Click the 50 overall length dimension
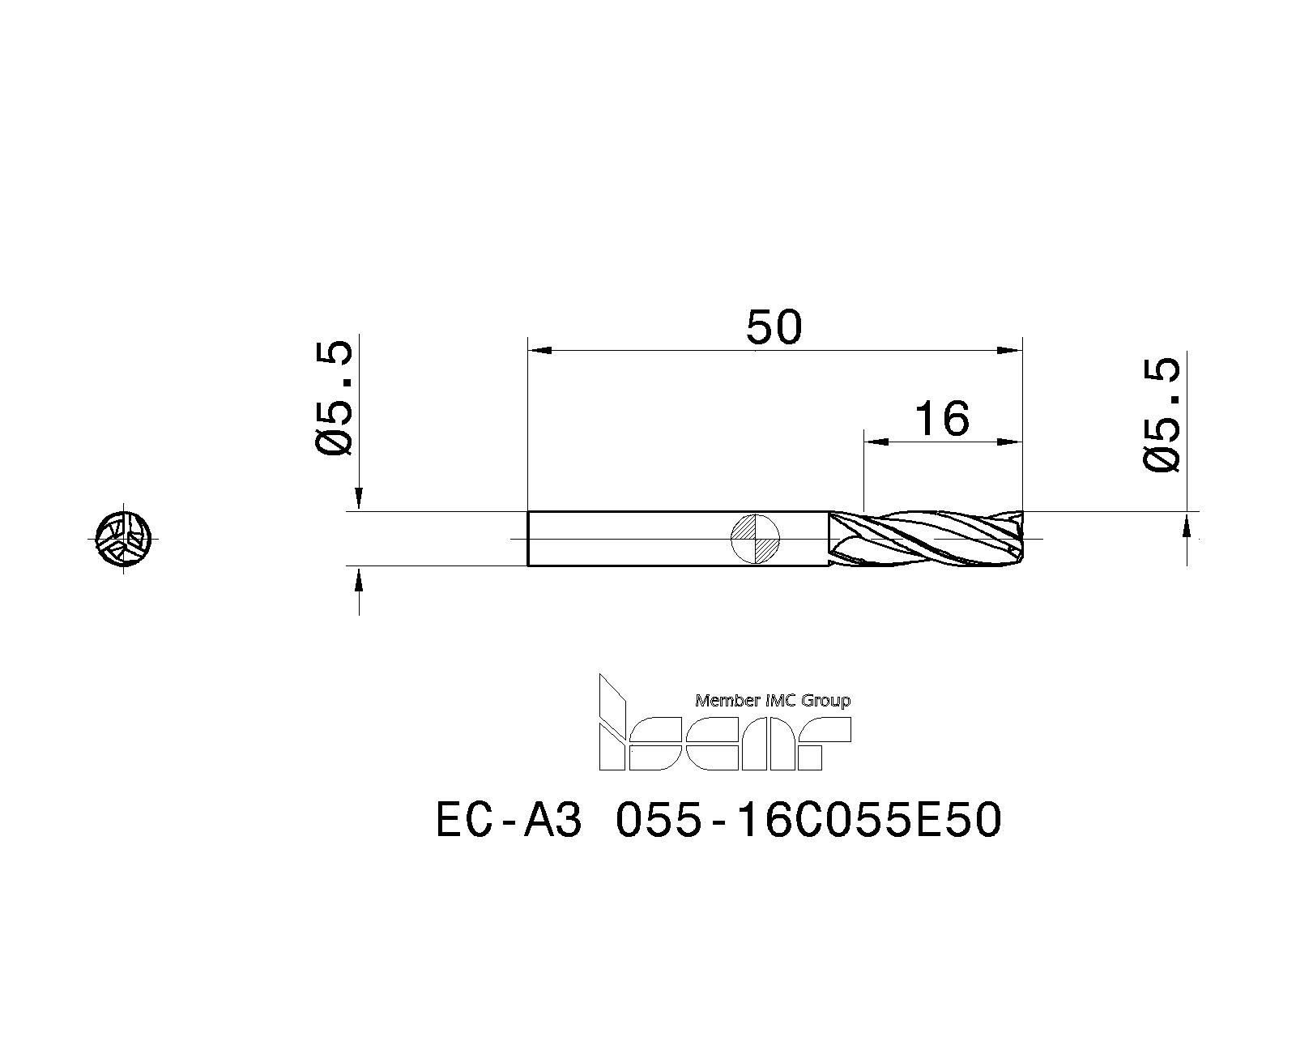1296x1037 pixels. [774, 328]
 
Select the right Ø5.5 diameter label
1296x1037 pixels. [1162, 416]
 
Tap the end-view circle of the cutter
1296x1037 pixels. [123, 538]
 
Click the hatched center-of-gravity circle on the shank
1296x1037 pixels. [755, 539]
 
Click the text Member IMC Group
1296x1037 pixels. [772, 701]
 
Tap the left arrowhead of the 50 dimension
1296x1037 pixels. [539, 350]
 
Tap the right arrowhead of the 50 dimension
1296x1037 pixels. [1010, 350]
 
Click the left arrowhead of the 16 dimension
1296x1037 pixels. [876, 442]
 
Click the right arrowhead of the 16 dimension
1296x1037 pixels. [1010, 442]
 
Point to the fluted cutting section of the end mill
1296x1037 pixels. [923, 539]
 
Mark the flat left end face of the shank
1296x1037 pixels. [529, 539]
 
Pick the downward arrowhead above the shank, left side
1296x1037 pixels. [360, 499]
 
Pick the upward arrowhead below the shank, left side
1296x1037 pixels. [360, 578]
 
